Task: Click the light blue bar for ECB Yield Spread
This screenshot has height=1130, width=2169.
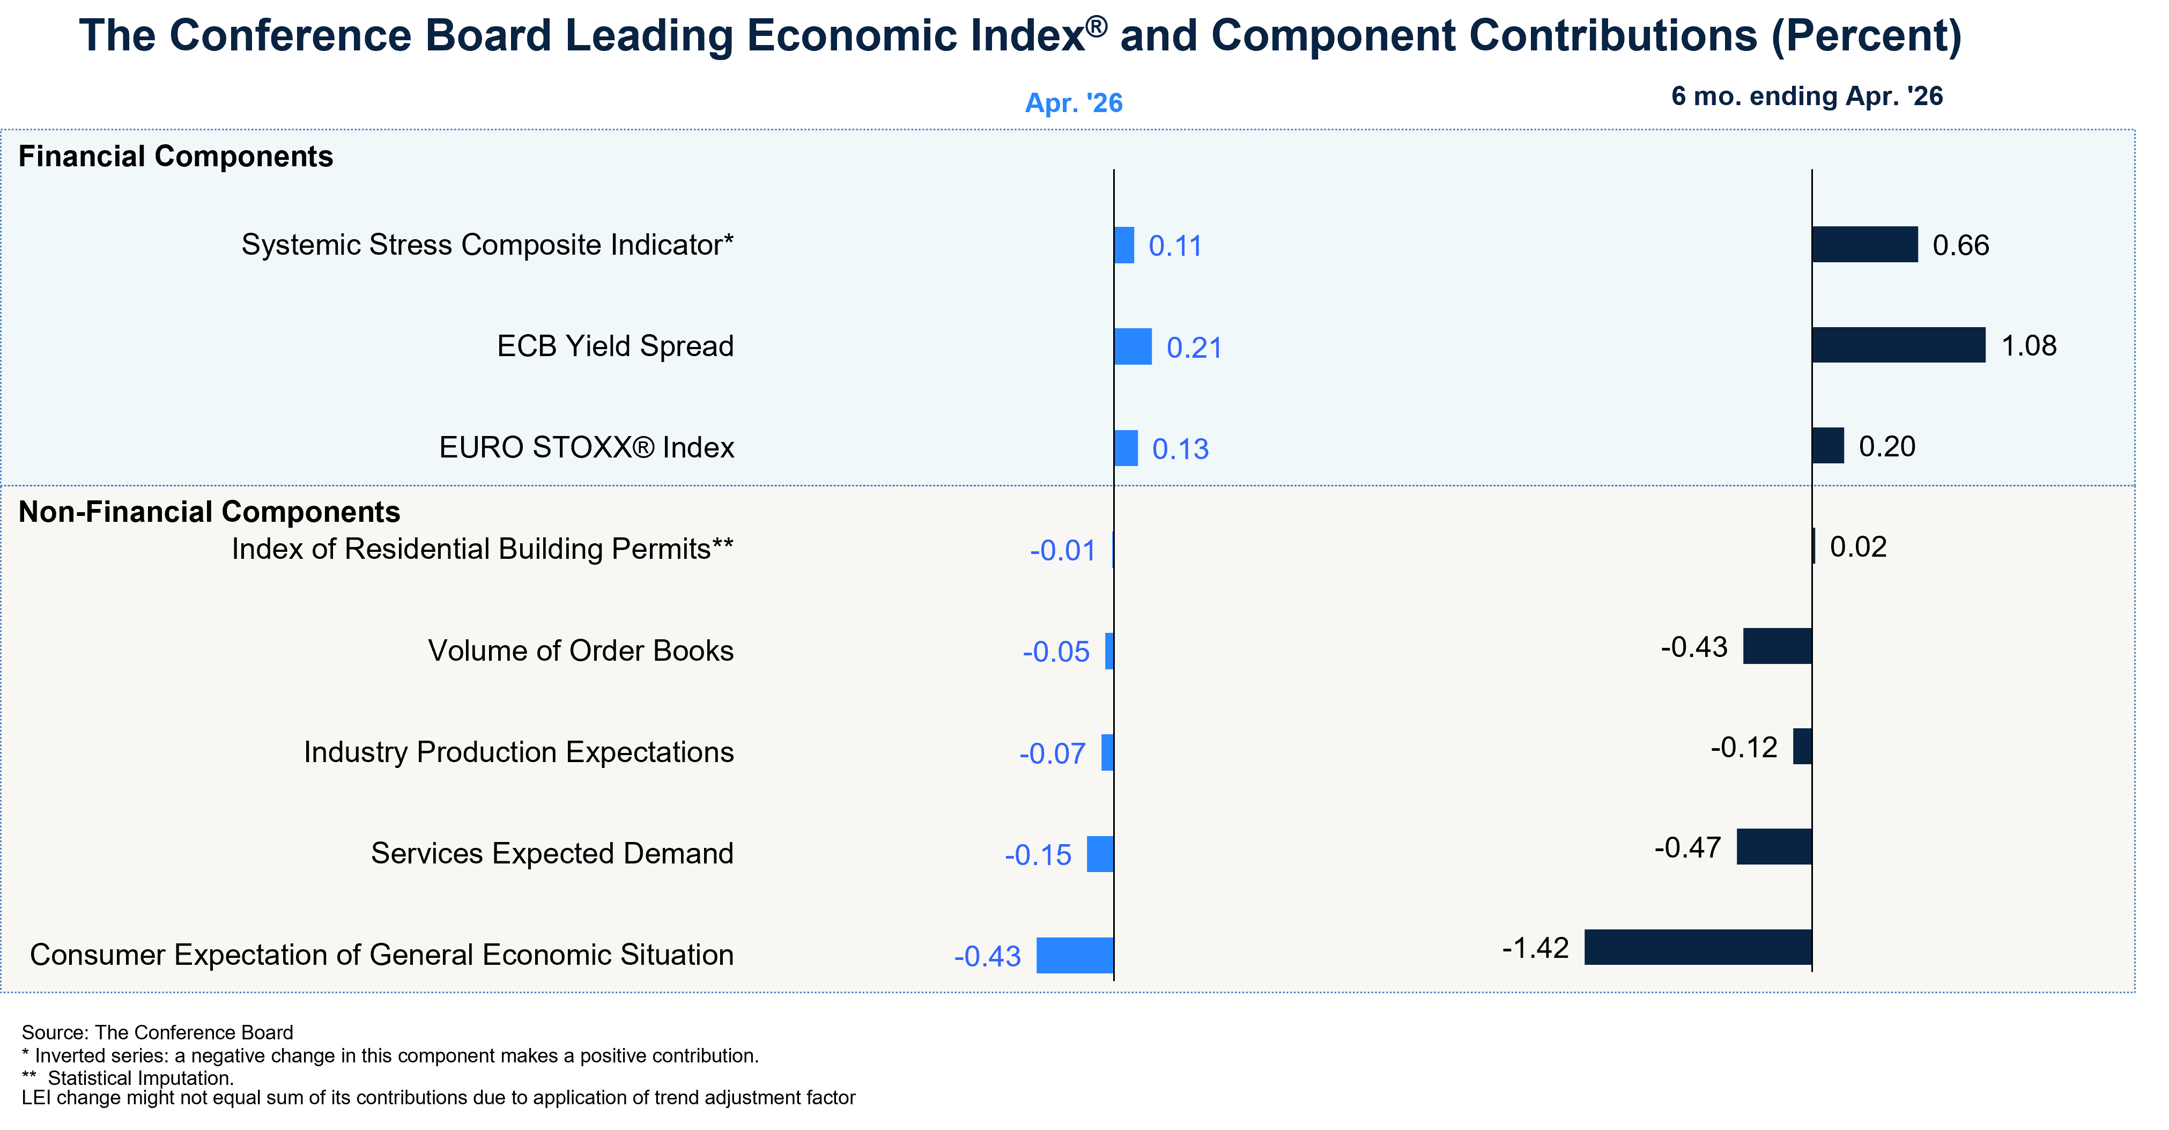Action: [1132, 346]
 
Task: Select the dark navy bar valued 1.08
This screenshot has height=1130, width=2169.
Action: [1899, 345]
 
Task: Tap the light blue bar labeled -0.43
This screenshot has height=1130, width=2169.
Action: [1075, 955]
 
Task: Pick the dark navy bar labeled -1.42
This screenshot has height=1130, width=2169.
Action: [1698, 947]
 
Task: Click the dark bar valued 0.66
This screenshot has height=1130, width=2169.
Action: [1865, 244]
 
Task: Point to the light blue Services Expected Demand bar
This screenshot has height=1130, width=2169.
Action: [1100, 854]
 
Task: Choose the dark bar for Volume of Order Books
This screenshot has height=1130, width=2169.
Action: [1778, 646]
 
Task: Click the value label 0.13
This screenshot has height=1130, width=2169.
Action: [1181, 449]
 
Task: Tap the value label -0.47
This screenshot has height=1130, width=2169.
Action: [1687, 847]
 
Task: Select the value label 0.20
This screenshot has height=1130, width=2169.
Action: [1887, 446]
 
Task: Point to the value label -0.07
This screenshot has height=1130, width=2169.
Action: [1053, 753]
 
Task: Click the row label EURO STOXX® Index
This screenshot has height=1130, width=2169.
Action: [587, 447]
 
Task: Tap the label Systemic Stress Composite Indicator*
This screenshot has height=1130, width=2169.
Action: [487, 244]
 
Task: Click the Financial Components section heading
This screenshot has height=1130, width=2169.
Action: [176, 157]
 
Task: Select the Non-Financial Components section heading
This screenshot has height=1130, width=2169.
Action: [210, 512]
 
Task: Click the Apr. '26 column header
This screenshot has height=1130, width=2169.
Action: [1074, 103]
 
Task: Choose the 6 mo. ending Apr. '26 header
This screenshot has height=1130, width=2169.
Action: [1807, 96]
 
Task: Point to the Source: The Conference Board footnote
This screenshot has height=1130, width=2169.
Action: [158, 1032]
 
